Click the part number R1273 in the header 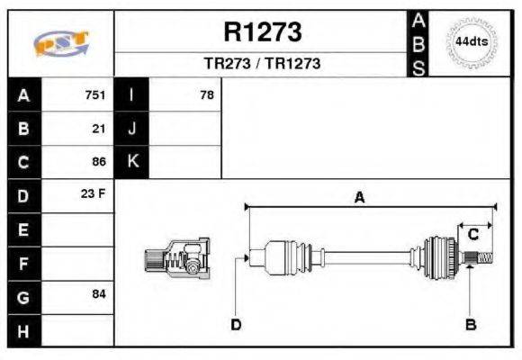(x=262, y=32)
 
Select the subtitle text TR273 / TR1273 (x=262, y=64)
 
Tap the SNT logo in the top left (x=61, y=42)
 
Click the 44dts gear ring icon (x=472, y=42)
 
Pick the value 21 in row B (x=99, y=129)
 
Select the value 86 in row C (x=99, y=162)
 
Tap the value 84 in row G (x=99, y=294)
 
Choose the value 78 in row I (x=207, y=95)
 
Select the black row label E (x=24, y=229)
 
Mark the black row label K (x=132, y=162)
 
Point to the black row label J (x=132, y=129)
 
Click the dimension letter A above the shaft (x=359, y=197)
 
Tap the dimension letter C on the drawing (x=472, y=236)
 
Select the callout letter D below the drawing (x=236, y=324)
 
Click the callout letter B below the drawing (x=470, y=324)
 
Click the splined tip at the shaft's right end (x=481, y=259)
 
